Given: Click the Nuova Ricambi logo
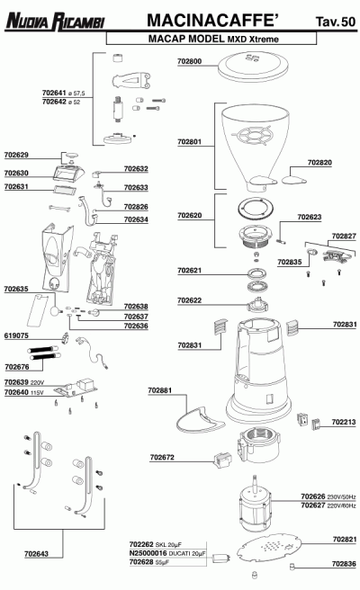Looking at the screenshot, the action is [55, 22].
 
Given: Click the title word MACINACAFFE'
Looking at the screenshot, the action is [212, 21].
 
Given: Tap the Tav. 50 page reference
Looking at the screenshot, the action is [336, 22].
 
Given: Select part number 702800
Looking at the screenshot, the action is [189, 61].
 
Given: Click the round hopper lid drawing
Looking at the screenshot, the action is [253, 67].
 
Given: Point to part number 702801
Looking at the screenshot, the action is [189, 142].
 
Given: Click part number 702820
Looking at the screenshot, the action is [319, 163].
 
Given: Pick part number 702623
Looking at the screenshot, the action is [310, 217].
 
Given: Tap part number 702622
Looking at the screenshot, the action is [189, 300].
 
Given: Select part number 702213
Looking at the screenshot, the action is [344, 422].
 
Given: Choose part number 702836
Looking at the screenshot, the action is [344, 563].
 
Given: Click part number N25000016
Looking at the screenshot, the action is [148, 553].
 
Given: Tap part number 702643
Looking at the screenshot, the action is [36, 553].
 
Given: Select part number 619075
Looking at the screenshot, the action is [16, 335].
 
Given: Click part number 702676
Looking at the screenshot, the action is [17, 366].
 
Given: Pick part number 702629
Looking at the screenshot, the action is [16, 155].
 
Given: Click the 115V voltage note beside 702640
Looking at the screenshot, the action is [37, 393].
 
